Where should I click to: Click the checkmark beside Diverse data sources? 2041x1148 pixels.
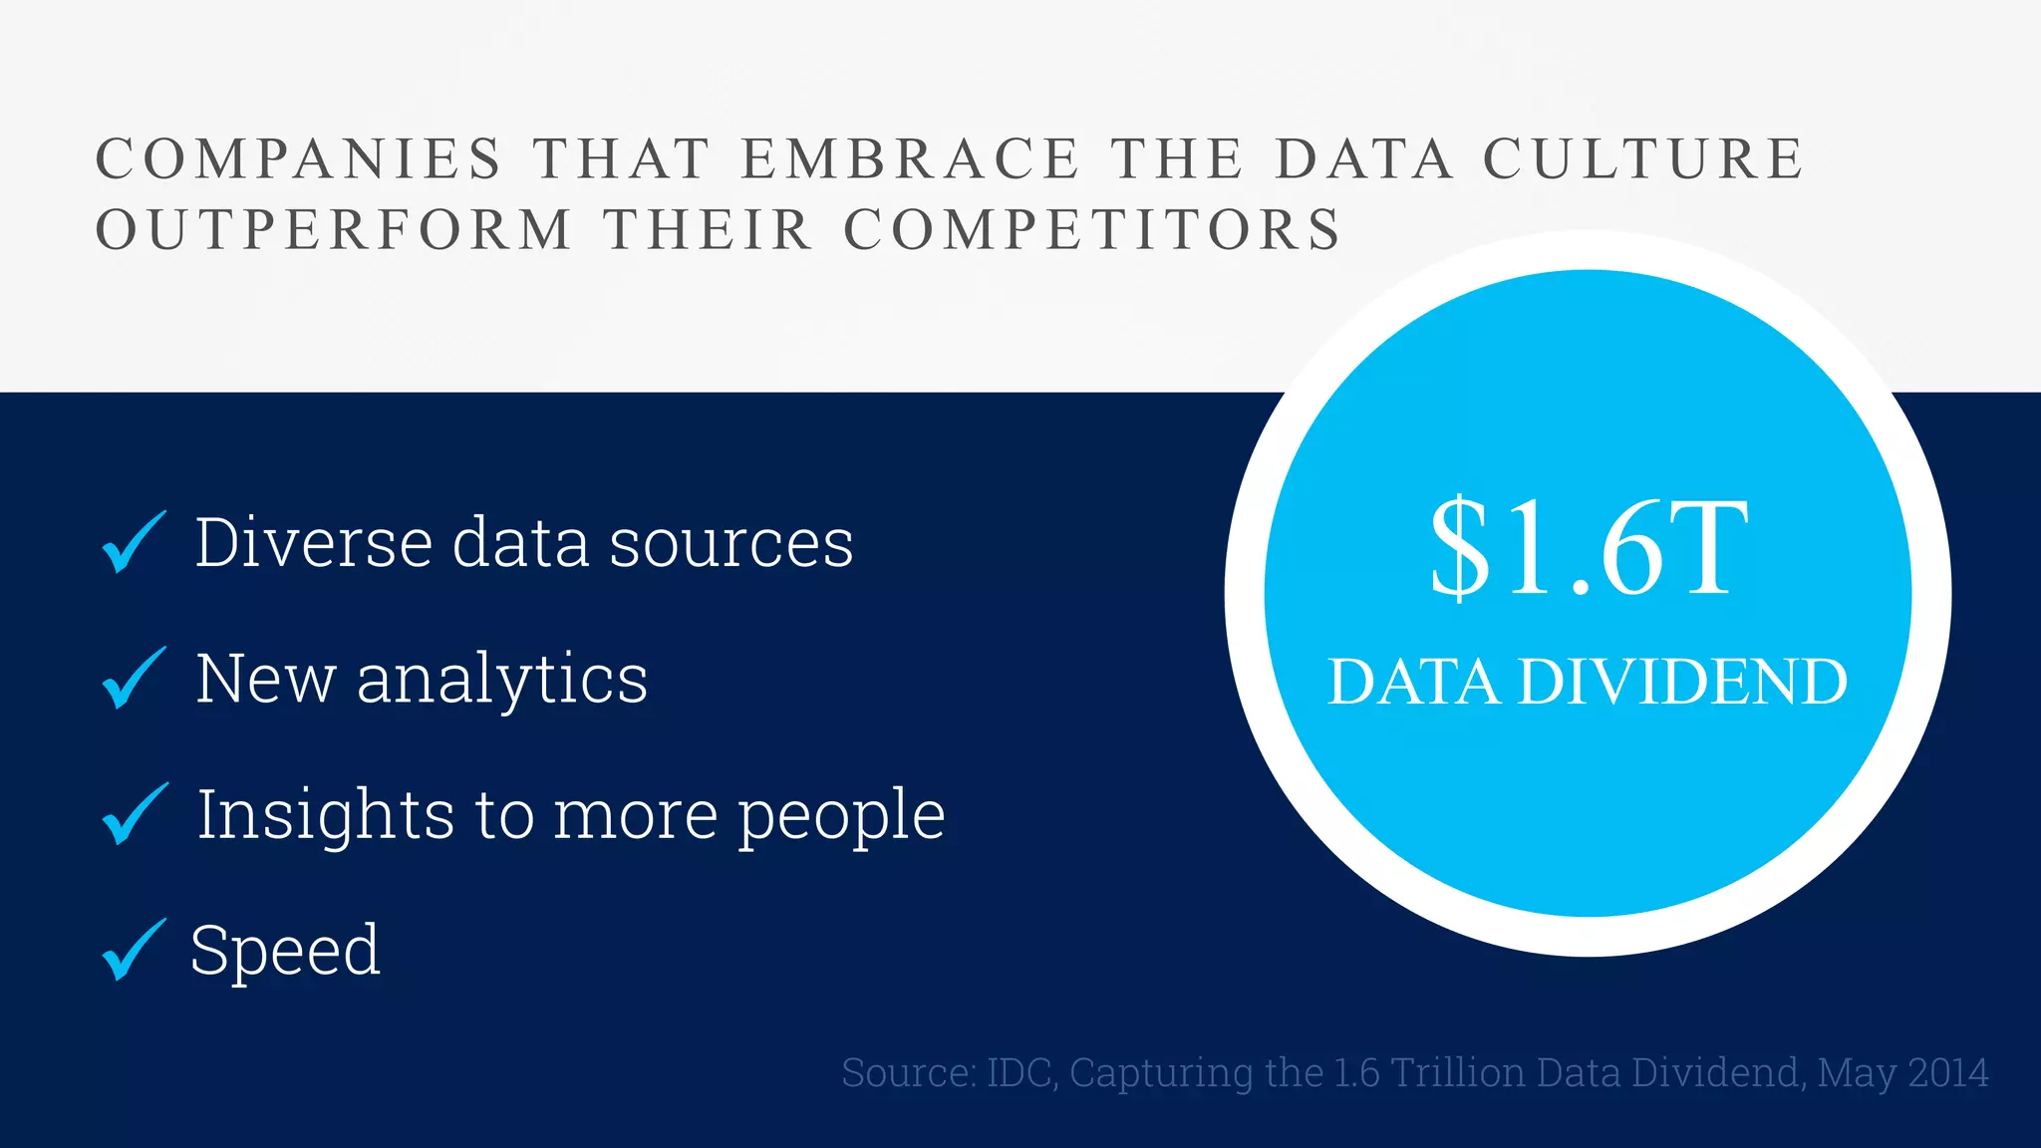point(133,543)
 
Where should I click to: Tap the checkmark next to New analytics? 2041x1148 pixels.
point(133,679)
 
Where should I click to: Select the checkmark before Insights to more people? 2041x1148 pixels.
point(134,814)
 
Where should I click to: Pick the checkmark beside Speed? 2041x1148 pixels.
point(133,950)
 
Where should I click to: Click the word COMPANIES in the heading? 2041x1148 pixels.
point(299,159)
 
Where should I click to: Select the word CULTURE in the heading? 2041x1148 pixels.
point(1643,159)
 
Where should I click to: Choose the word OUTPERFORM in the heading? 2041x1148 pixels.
point(335,230)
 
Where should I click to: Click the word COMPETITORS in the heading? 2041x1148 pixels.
point(1093,230)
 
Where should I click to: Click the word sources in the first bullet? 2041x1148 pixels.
point(730,545)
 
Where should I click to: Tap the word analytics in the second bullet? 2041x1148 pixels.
point(502,680)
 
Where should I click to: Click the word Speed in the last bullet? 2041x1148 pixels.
point(285,951)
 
